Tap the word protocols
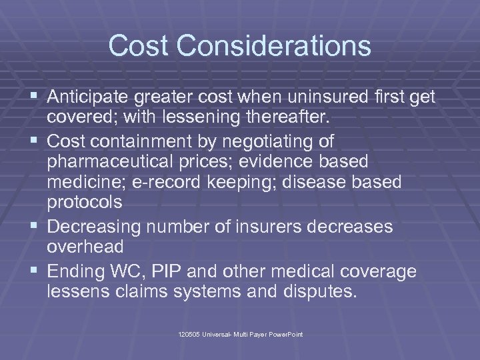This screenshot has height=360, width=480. coord(86,203)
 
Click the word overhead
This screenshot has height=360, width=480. coord(85,247)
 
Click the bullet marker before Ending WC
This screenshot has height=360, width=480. coord(35,271)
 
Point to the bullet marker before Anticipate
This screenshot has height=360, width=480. coord(35,97)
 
